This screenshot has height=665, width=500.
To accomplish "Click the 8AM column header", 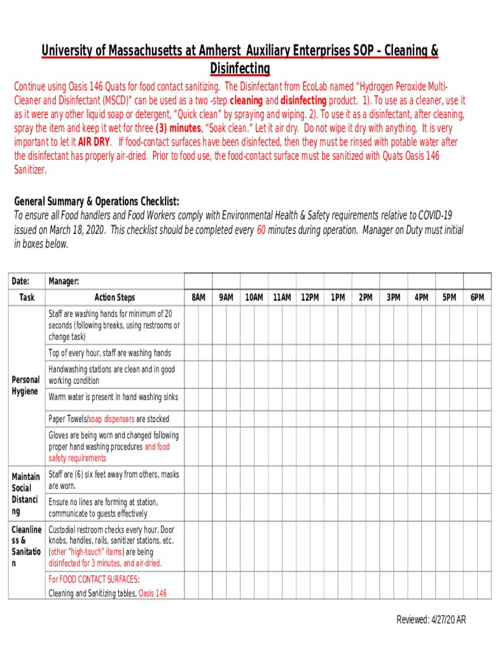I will [199, 297].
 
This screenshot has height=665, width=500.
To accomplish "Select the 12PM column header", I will [310, 297].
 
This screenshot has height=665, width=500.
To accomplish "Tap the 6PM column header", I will [477, 297].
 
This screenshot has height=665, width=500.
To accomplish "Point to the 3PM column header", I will [394, 297].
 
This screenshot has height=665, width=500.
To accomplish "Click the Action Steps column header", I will [115, 297].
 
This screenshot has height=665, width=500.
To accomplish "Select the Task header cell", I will [27, 297].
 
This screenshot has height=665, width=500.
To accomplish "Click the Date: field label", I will [20, 281].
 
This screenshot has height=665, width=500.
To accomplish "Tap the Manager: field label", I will [64, 281].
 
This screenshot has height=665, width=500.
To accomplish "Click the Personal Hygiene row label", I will [26, 386].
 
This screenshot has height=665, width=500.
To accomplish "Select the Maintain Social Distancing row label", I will [26, 494].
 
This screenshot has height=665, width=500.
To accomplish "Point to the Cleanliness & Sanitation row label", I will [26, 546].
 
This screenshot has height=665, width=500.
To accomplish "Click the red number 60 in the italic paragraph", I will [261, 230].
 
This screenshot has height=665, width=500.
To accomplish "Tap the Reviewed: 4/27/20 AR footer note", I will [431, 620].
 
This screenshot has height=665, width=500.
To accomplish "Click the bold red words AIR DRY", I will [94, 142].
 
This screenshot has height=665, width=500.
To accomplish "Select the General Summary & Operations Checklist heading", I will [97, 201].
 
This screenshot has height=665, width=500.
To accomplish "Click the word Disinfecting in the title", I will [240, 68].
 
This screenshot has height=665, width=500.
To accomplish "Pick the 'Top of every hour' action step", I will [110, 353].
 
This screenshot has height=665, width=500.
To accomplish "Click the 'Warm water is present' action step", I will [113, 397].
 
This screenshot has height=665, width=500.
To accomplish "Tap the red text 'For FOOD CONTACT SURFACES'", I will [94, 579].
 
